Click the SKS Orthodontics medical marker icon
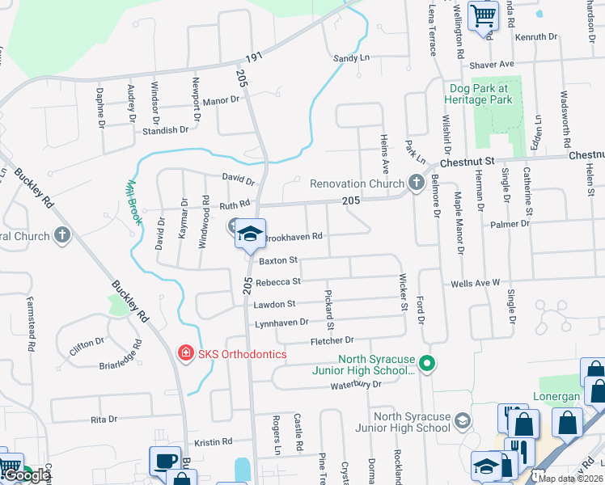coord(185,353)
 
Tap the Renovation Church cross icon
coord(417,182)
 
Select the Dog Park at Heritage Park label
coord(478,94)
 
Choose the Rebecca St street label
coord(278,282)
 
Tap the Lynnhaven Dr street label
coord(281,322)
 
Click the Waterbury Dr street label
coord(354,385)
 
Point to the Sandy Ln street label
coord(351,58)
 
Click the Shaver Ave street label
coord(491,64)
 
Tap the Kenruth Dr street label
coord(535,37)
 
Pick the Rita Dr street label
coord(104,420)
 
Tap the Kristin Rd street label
coord(214,442)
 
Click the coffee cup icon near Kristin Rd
coord(165,461)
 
